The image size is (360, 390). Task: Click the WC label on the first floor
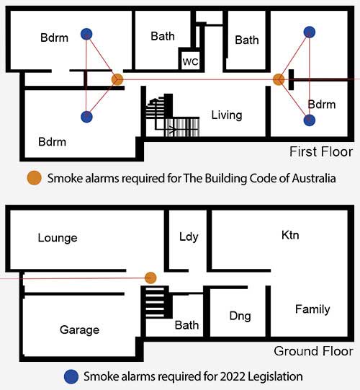pyautogui.click(x=190, y=62)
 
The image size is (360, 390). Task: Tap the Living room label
pyautogui.click(x=227, y=115)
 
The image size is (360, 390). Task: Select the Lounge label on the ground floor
pyautogui.click(x=58, y=238)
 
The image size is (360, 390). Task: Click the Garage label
pyautogui.click(x=79, y=330)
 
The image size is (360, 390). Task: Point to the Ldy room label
pyautogui.click(x=189, y=236)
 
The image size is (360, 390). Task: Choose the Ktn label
pyautogui.click(x=290, y=235)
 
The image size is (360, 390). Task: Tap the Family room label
pyautogui.click(x=312, y=310)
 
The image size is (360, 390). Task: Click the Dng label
pyautogui.click(x=240, y=316)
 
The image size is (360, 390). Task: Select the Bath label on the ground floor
pyautogui.click(x=186, y=325)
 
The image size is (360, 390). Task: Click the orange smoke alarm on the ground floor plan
pyautogui.click(x=150, y=278)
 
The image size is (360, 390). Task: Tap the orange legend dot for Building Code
pyautogui.click(x=34, y=178)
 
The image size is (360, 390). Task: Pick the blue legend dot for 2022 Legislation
pyautogui.click(x=71, y=376)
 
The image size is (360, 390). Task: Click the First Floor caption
pyautogui.click(x=321, y=151)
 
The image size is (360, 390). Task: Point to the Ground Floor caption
pyautogui.click(x=313, y=351)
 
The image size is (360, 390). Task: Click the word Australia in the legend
pyautogui.click(x=314, y=178)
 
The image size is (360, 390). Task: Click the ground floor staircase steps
pyautogui.click(x=155, y=303)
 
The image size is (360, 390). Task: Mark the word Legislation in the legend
pyautogui.click(x=275, y=377)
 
